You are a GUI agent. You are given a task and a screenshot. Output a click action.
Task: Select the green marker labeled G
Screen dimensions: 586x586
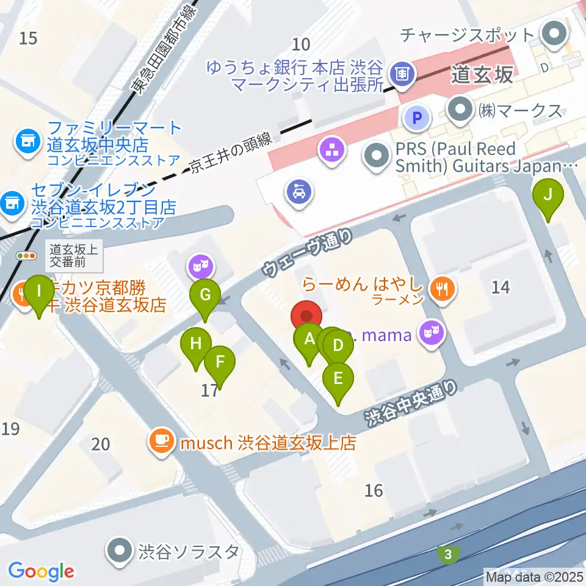pos(206,297)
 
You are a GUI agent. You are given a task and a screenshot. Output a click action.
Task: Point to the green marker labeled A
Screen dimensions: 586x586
pos(308,340)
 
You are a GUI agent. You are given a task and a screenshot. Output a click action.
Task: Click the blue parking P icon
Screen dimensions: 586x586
pos(418,116)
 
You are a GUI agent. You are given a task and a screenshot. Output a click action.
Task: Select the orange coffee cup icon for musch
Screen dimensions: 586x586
pos(161,441)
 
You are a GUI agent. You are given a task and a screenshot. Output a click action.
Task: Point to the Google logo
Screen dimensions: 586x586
pos(41,571)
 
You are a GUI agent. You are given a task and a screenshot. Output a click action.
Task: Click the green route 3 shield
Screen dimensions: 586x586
pos(449,554)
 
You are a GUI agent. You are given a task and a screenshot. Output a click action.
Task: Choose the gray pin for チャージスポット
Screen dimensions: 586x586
pos(555,34)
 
